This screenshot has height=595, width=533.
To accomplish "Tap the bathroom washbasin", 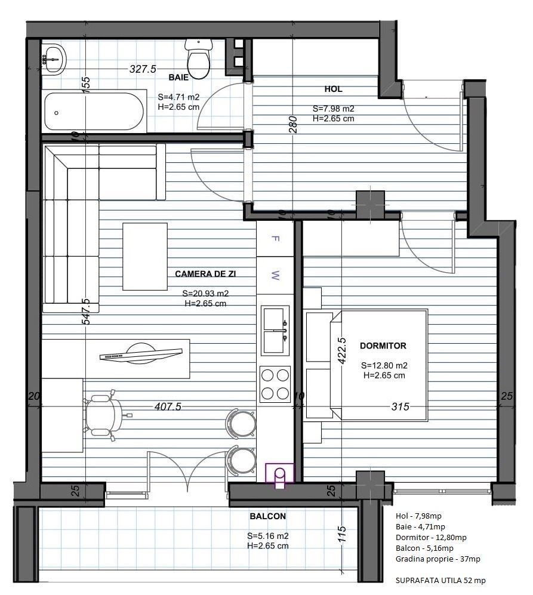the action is point(53,59).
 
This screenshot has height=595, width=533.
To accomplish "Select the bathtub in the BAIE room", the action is point(94,112).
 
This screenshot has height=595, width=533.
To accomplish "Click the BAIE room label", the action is point(178,78).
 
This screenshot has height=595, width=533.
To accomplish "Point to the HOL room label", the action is point(333,89).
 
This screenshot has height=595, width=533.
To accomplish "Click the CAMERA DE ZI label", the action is point(205,273).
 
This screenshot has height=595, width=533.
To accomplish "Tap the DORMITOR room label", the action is point(383,346).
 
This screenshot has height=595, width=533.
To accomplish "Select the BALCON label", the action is point(267,516).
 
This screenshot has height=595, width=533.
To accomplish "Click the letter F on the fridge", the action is point(275,238).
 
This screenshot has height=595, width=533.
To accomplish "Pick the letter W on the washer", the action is point(275,275).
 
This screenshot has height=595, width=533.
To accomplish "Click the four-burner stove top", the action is point(275,384).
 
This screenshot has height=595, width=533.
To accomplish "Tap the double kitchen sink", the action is point(275,331).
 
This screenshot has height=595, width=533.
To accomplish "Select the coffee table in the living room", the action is point(145,257).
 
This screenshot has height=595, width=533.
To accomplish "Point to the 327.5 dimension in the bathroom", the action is point(143,69).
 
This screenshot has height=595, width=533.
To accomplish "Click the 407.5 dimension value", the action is point(168,406).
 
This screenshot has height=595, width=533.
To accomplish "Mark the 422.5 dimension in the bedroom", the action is point(342,351).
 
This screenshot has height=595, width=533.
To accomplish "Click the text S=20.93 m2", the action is point(205,294).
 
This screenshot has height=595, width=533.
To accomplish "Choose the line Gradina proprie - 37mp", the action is point(438,559).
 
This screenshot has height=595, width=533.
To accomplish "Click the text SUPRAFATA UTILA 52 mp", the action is point(440,580).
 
